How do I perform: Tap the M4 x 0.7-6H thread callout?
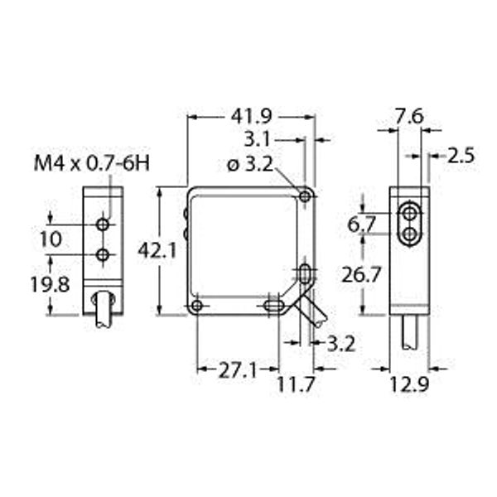[x=92, y=163]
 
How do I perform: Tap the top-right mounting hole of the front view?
[x=306, y=196]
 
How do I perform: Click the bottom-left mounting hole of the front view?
[x=196, y=306]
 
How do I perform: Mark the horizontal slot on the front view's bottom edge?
[x=271, y=306]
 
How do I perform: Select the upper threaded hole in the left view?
[x=103, y=224]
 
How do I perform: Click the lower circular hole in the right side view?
[x=410, y=235]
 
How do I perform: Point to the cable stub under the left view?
[x=104, y=313]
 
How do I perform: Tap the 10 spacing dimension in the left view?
[x=51, y=239]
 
